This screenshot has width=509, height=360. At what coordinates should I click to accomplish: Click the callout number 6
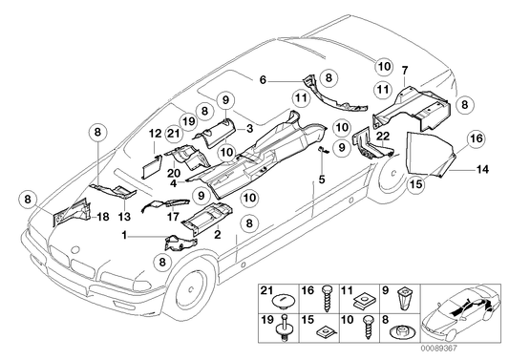point(263,79)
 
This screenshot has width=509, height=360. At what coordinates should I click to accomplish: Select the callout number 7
point(405,70)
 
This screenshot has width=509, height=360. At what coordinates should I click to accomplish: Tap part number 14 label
point(482,169)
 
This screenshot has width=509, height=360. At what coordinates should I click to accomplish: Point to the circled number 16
point(477,138)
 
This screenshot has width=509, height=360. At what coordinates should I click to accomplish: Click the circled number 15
point(416,184)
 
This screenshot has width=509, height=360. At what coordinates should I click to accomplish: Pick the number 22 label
point(383,137)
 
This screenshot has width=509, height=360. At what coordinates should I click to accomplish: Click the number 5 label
point(322,179)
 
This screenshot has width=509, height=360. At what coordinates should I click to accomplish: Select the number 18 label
point(103,217)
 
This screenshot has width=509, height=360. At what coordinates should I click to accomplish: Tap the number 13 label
point(125,216)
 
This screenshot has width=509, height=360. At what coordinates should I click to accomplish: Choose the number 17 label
point(173,216)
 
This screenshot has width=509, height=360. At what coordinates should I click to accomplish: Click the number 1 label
point(124,235)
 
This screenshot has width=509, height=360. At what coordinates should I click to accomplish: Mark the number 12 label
point(155,134)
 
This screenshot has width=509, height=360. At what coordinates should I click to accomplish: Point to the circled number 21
point(174,133)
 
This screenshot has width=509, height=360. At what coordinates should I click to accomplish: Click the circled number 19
point(188,121)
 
